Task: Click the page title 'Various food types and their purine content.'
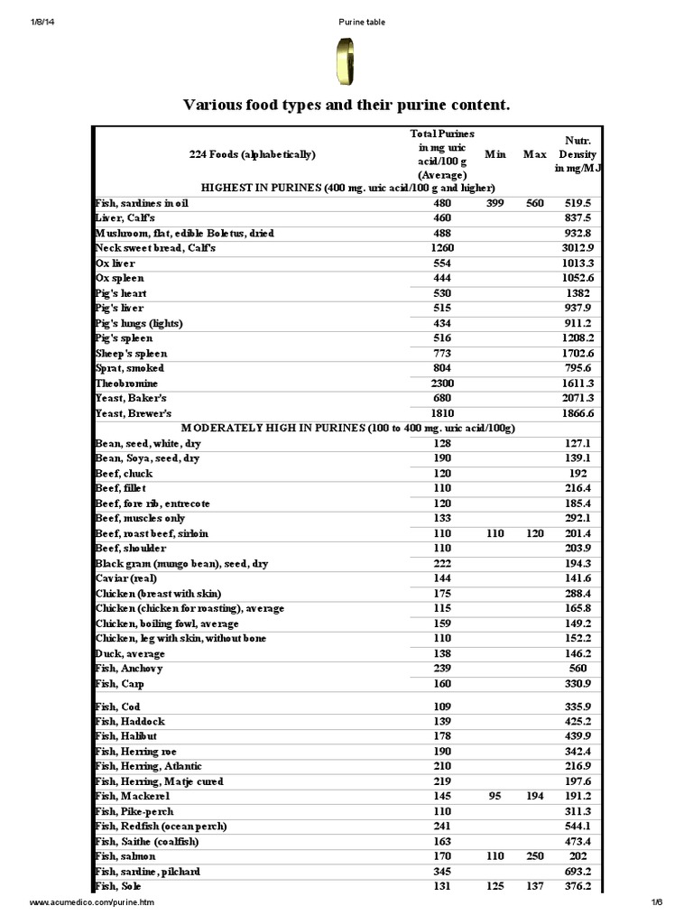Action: coord(346,106)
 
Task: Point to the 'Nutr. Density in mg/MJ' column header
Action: coord(577,154)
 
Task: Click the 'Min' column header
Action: coord(494,154)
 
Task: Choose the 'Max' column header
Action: coord(535,154)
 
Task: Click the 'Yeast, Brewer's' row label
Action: coord(134,413)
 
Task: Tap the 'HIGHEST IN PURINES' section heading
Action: coord(347,188)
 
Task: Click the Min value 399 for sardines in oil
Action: coord(494,203)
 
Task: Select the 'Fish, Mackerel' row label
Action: coord(133,797)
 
